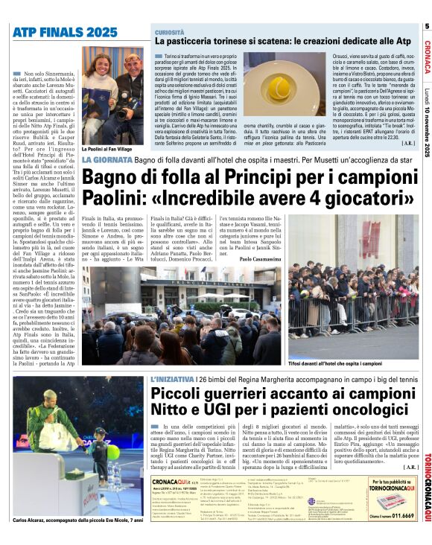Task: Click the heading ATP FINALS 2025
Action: (x=65, y=32)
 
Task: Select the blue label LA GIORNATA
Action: (x=107, y=160)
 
